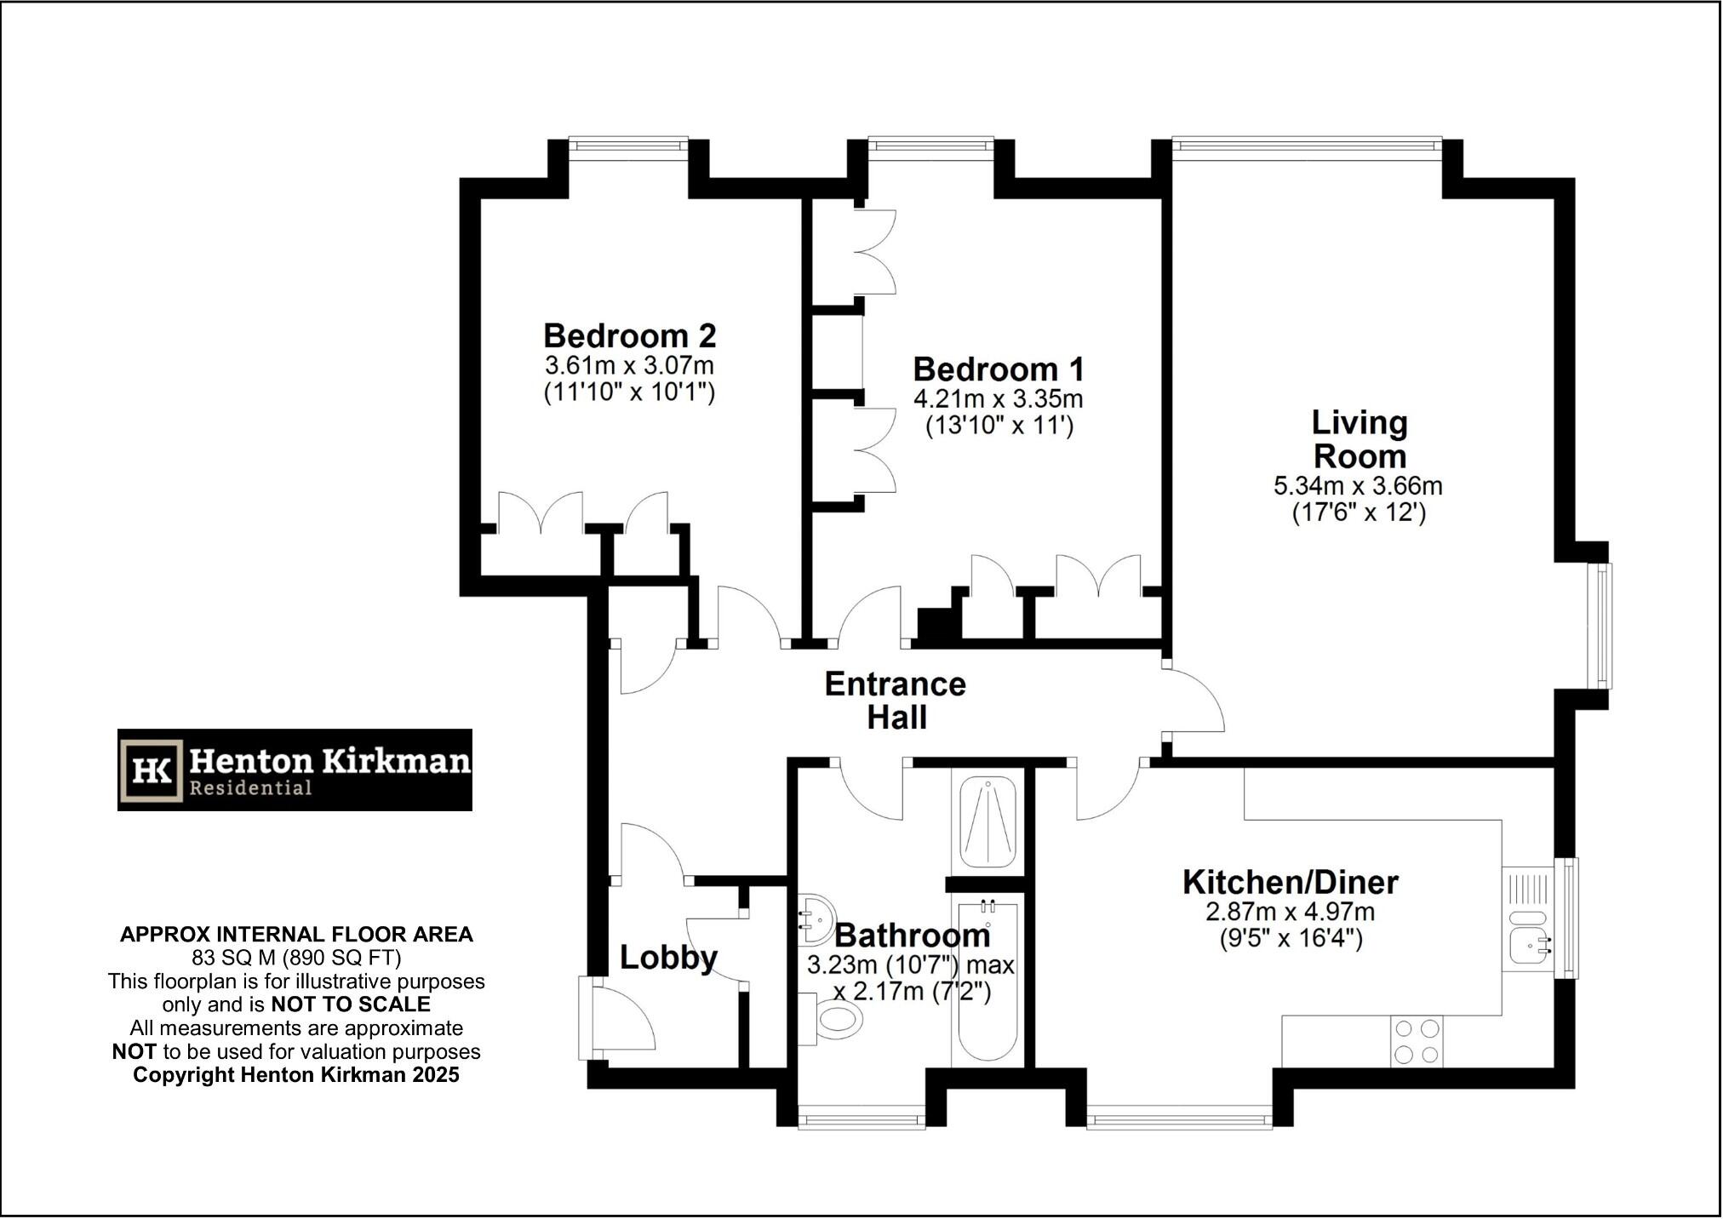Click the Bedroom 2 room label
[629, 335]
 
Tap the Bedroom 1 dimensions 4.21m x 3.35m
[998, 398]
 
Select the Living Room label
[1359, 439]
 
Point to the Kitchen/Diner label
[1290, 882]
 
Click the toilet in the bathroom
[834, 1020]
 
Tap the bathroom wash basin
[816, 919]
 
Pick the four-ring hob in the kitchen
[1417, 1041]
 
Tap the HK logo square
[152, 770]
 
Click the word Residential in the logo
[249, 788]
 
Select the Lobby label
[668, 958]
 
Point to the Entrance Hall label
[896, 701]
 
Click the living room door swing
[1194, 700]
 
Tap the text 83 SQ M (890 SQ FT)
[296, 958]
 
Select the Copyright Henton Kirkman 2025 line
[296, 1075]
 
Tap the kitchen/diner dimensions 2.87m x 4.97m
[1290, 912]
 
